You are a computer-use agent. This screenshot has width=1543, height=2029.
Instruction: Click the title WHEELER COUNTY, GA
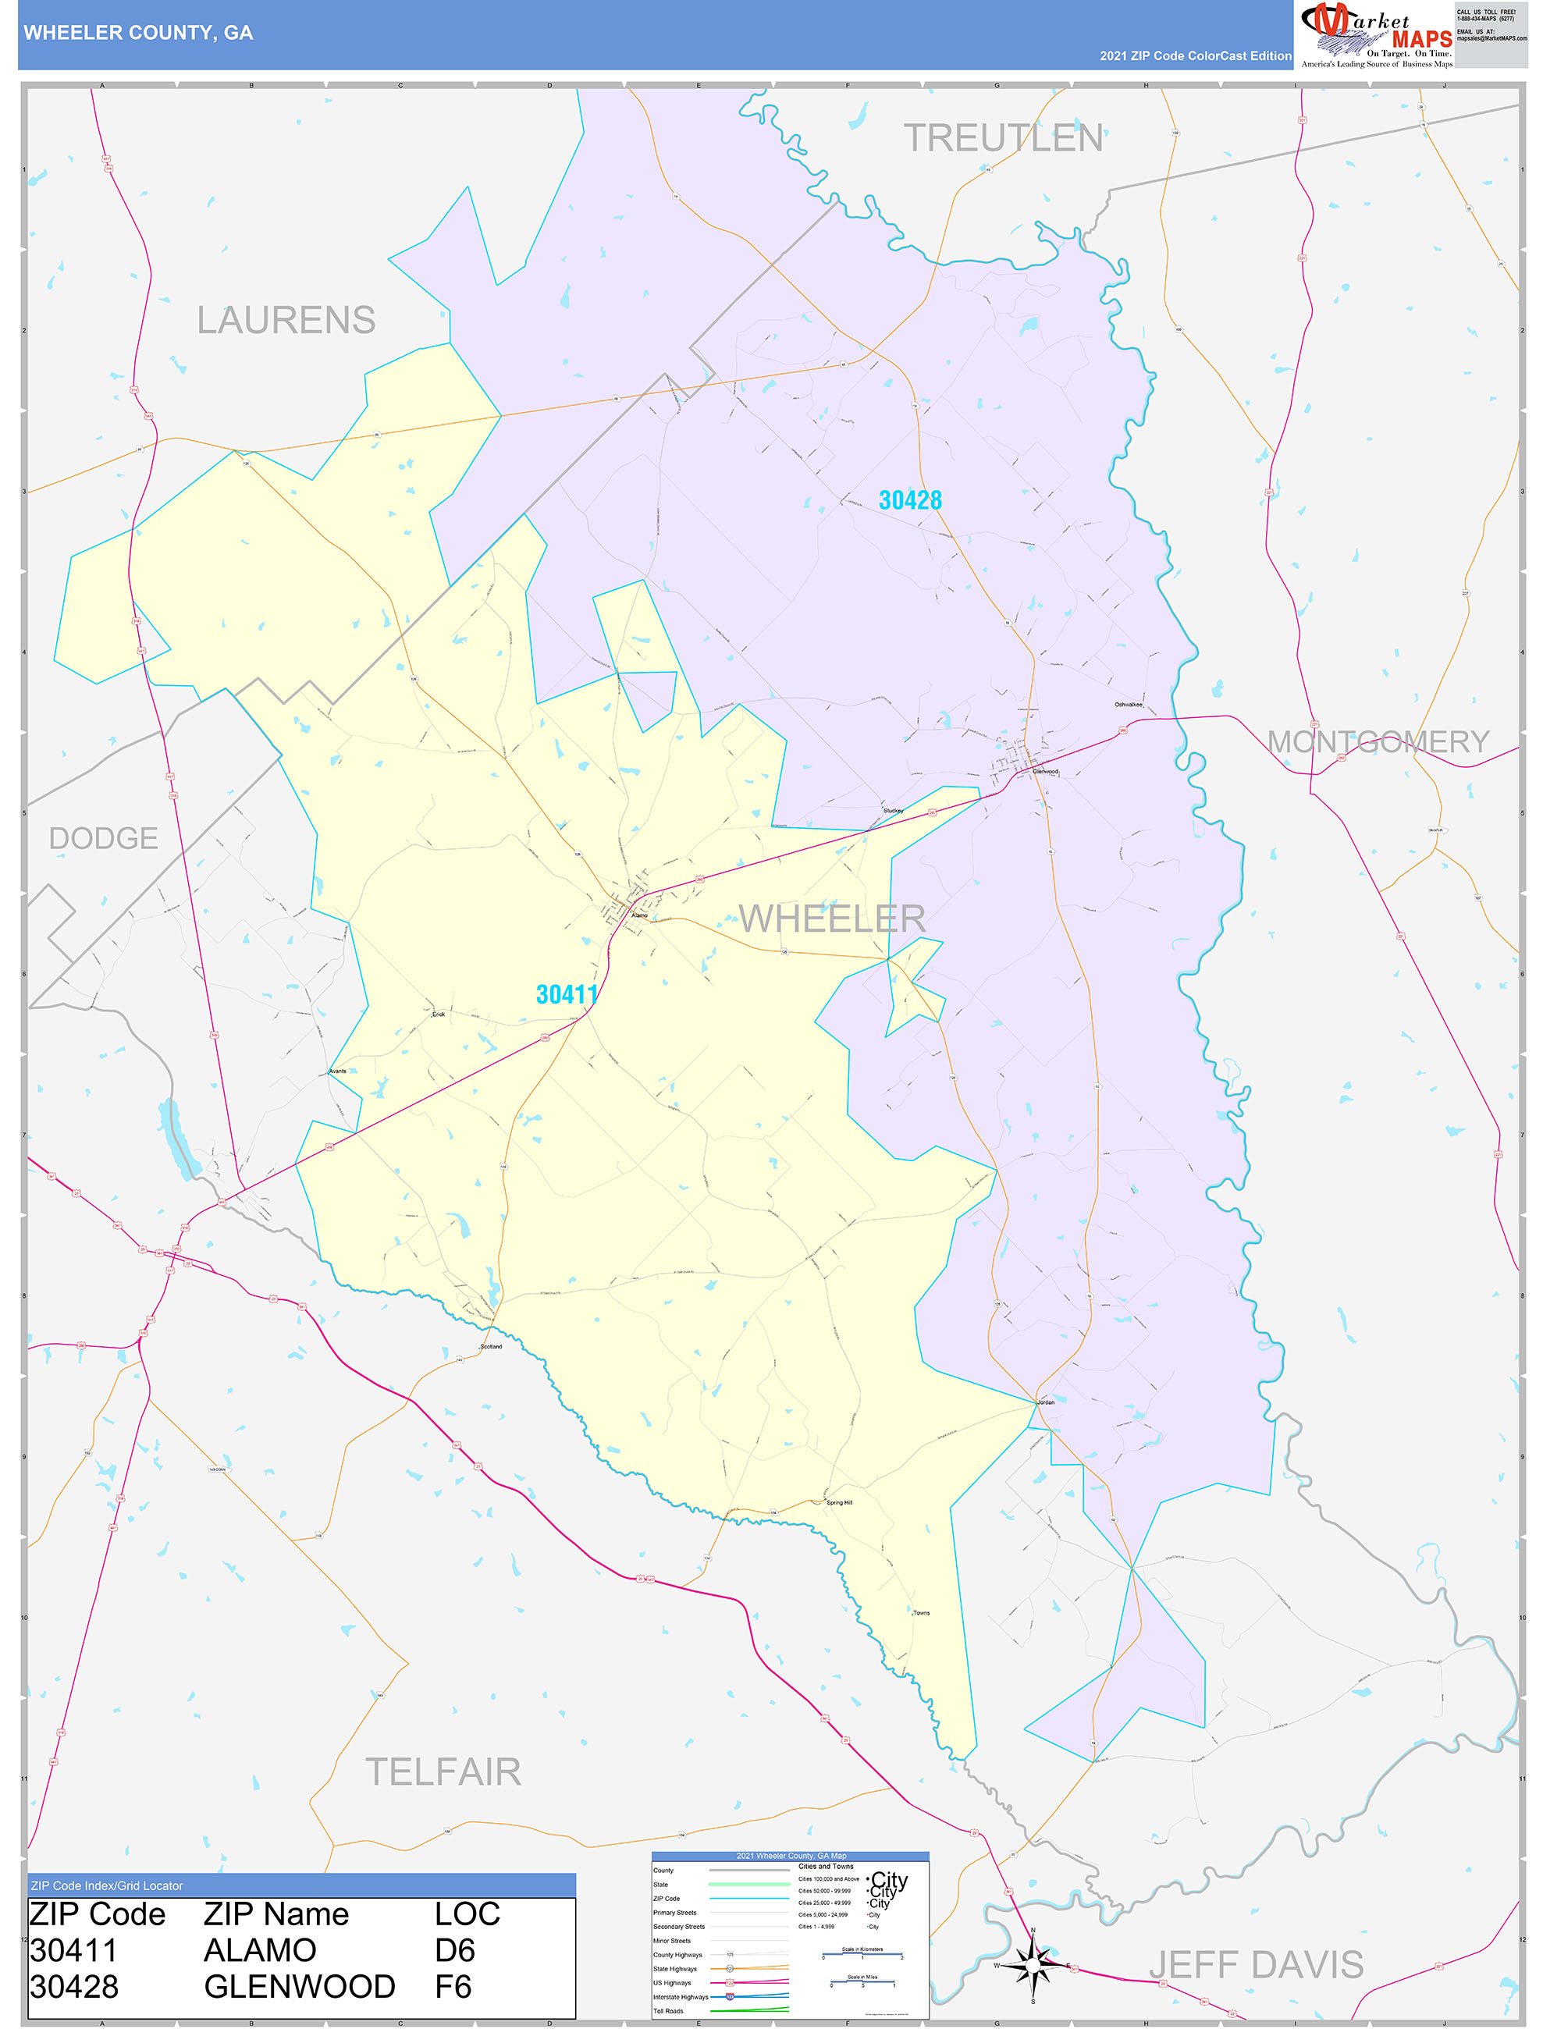[x=138, y=33]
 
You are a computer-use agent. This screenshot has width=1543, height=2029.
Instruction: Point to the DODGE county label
[x=103, y=838]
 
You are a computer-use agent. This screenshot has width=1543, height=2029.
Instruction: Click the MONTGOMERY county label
[x=1378, y=742]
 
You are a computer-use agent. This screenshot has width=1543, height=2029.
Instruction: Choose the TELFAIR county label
[x=443, y=1772]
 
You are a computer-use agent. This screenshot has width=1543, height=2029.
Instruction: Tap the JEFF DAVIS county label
[x=1256, y=1966]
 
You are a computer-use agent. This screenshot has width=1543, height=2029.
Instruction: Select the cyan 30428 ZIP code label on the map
[x=910, y=500]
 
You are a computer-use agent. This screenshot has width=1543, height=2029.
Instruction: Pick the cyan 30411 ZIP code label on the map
[x=567, y=994]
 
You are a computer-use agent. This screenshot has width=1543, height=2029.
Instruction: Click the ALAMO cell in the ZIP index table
[x=260, y=1950]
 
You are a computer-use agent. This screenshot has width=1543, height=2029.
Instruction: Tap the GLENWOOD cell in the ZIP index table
[x=300, y=1987]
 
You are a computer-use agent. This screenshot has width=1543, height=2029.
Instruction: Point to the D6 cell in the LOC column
[x=455, y=1950]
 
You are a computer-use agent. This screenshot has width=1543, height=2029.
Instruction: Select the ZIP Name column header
[x=276, y=1914]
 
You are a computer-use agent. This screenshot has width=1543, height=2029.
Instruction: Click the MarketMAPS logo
[x=1375, y=35]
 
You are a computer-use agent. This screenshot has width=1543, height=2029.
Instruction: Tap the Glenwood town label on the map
[x=1045, y=772]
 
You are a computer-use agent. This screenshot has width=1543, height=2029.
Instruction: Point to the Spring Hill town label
[x=838, y=1503]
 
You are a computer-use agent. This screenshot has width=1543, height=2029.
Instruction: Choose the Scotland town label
[x=492, y=1347]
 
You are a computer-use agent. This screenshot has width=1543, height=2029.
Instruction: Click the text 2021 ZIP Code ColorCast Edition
[x=1195, y=56]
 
